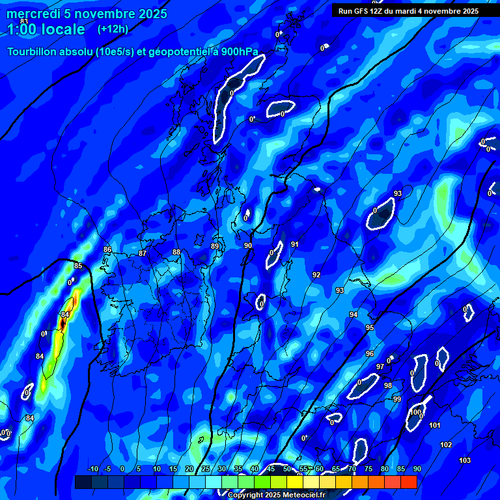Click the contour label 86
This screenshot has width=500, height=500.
pos(107,249)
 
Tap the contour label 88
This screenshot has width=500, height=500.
pos(176,252)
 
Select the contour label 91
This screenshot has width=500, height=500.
pos(295,244)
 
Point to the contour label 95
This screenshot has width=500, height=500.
pos(370,327)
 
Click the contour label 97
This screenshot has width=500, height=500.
pos(380,367)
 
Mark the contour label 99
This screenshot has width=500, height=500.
pos(397,399)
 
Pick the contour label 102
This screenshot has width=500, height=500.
pos(446,445)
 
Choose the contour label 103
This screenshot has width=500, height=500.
pos(465,460)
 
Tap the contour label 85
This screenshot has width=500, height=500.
pos(78,266)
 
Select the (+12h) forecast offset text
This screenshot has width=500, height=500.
pos(113,29)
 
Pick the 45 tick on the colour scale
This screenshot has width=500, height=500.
pos(270,469)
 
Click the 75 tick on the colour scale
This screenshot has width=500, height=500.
pos(368,469)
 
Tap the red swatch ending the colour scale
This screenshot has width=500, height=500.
pos(408,482)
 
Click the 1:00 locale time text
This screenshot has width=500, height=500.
pos(46,30)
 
